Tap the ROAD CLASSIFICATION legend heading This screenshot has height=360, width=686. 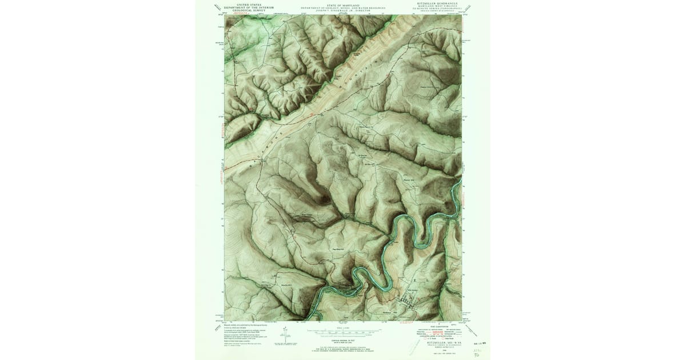(438, 326)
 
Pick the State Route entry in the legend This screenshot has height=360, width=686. (449, 338)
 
